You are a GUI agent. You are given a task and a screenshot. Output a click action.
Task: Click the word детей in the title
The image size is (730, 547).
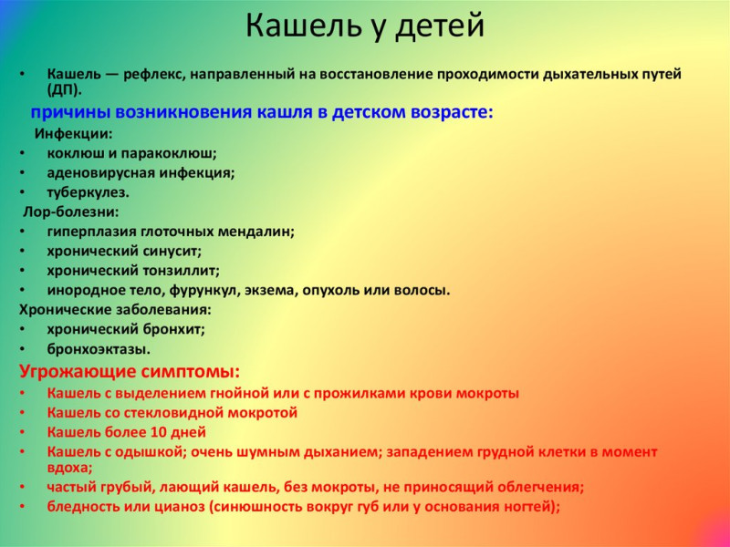440,26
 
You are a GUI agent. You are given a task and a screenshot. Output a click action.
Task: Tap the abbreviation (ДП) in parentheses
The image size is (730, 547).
64,90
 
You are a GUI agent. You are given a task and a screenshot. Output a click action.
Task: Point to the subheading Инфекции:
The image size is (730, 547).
74,134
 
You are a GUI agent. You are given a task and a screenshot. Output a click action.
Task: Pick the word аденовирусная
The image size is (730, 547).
101,173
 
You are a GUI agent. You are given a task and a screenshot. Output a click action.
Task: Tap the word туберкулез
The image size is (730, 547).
88,192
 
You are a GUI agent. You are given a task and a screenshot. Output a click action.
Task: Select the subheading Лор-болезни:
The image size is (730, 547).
71,212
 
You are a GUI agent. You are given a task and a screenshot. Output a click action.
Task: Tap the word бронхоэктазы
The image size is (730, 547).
99,349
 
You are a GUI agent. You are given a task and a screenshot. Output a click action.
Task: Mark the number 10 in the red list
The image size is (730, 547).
158,432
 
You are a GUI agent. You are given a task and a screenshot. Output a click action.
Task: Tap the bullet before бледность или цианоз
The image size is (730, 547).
23,506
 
